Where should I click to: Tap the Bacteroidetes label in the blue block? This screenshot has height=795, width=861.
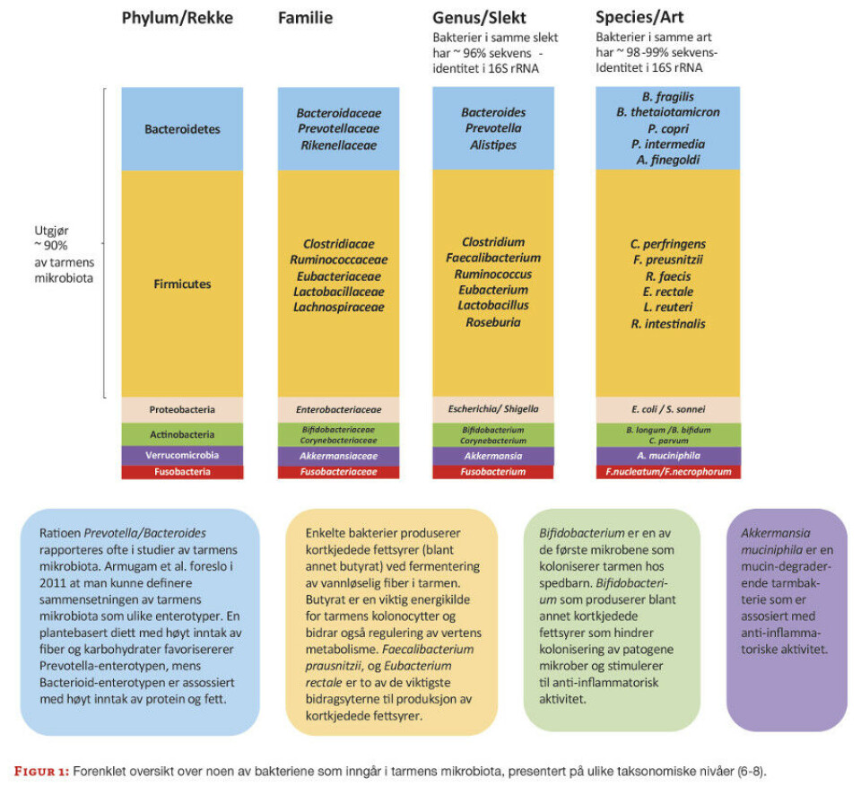click(182, 128)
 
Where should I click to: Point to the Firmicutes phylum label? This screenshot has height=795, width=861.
click(182, 284)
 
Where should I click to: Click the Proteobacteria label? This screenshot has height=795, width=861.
click(182, 409)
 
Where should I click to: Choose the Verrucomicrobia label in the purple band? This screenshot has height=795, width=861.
click(182, 455)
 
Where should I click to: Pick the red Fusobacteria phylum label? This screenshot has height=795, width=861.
click(182, 472)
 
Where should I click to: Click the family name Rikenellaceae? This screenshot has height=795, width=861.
click(339, 144)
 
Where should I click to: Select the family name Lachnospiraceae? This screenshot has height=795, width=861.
click(339, 307)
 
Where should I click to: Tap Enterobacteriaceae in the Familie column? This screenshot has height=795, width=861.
click(339, 409)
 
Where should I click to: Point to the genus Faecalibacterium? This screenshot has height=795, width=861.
click(492, 258)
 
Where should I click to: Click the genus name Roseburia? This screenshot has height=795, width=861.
click(492, 322)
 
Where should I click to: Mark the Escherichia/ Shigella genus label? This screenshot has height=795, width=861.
click(493, 409)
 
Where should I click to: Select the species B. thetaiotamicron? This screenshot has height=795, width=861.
click(667, 112)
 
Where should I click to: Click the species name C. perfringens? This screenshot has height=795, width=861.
click(667, 243)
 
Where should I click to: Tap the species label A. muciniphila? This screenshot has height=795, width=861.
click(667, 455)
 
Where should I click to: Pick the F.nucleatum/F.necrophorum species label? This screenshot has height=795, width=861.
click(668, 472)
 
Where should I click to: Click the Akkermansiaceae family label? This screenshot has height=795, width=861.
click(339, 455)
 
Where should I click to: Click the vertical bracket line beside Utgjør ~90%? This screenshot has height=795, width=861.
click(106, 242)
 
